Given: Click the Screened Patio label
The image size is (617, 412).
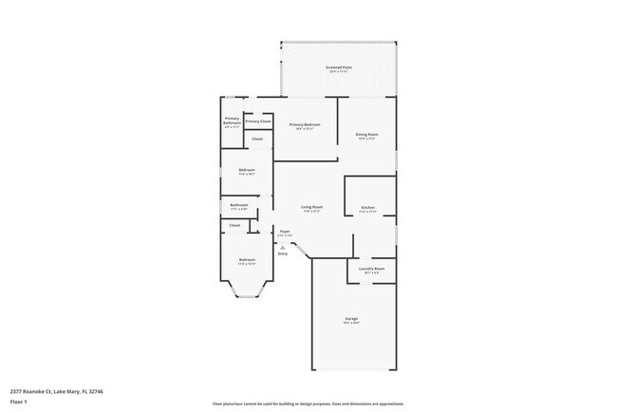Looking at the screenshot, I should (338, 69).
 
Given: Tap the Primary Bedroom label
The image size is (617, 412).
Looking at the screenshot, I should (305, 126).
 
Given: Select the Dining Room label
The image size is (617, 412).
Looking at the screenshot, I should (367, 136).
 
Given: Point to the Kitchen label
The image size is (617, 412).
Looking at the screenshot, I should (367, 209).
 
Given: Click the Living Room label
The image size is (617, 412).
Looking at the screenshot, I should (311, 209).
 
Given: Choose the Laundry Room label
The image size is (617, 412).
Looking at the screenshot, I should (372, 271).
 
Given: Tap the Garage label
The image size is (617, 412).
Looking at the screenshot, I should (351, 320).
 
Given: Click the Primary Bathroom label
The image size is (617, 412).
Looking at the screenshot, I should (232, 122).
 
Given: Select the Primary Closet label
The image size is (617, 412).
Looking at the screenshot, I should (258, 122).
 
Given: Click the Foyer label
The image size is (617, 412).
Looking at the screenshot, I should (284, 233).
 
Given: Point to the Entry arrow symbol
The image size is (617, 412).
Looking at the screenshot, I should (283, 247).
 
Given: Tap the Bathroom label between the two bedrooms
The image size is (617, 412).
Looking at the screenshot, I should (239, 206).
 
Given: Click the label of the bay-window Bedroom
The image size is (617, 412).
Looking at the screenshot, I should (247, 261).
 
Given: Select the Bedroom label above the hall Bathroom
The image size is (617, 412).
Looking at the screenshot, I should (247, 172).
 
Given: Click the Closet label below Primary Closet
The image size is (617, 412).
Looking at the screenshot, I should (257, 140).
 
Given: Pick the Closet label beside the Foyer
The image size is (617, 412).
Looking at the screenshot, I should (234, 225).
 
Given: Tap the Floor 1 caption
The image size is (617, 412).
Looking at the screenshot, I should (18, 401).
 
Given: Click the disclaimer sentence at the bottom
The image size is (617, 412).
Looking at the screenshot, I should (308, 403).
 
